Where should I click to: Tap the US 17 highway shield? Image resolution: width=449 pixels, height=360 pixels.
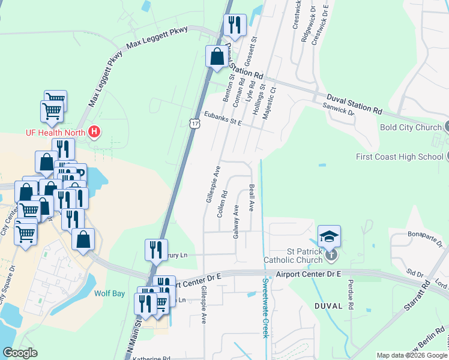pyautogui.click(x=194, y=123)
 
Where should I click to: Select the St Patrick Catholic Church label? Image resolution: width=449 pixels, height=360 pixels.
pyautogui.click(x=293, y=256)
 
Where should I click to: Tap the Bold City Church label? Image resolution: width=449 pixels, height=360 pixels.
pyautogui.click(x=411, y=127)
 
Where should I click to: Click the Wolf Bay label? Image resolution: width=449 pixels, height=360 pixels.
pyautogui.click(x=109, y=294)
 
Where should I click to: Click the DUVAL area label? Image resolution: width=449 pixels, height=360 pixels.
pyautogui.click(x=328, y=305)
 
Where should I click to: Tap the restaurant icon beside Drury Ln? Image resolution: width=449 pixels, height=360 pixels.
pyautogui.click(x=156, y=250)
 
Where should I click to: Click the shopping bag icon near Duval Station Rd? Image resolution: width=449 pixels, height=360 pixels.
pyautogui.click(x=216, y=57)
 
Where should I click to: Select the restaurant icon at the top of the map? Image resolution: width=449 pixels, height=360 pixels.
pyautogui.click(x=233, y=25)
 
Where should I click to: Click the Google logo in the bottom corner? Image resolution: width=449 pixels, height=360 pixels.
pyautogui.click(x=20, y=353)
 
